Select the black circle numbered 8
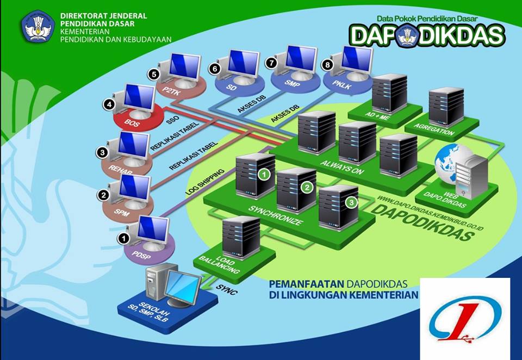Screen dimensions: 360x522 pos(327,65)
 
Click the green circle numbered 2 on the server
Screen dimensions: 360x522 pos(306,188)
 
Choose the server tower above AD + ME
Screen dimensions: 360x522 pos(389,92)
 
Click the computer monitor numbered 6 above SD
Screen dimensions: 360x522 pos(243,64)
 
